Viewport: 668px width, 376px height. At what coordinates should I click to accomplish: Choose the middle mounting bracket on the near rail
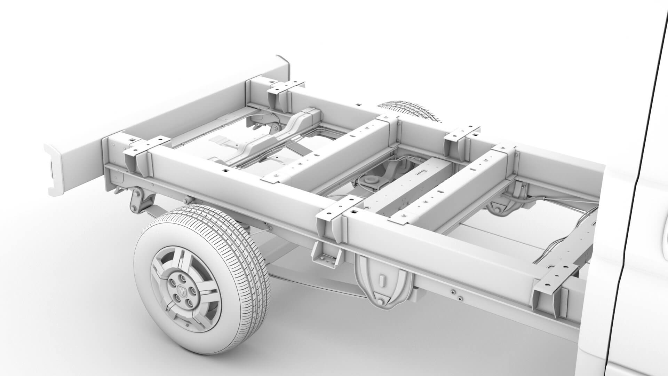(x=336, y=216)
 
